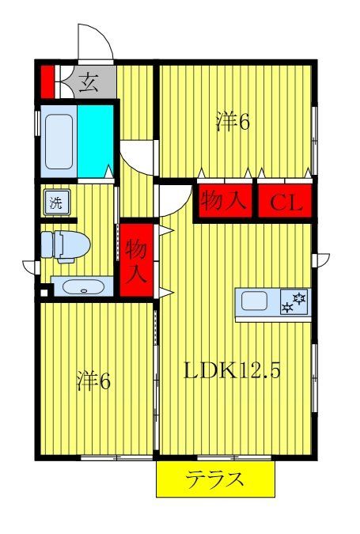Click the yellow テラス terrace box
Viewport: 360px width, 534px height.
(215, 479)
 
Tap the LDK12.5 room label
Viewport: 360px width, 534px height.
(233, 369)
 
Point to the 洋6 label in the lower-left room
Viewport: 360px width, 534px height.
(93, 381)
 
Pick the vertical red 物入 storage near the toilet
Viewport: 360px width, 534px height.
(135, 260)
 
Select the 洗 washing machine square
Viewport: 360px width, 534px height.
(55, 202)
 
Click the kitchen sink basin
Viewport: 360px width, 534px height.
(255, 301)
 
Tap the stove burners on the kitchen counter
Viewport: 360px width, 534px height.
(295, 301)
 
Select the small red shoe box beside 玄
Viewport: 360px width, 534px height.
(47, 81)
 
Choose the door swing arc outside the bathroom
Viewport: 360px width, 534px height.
(135, 157)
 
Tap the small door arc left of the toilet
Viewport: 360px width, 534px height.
(30, 266)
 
